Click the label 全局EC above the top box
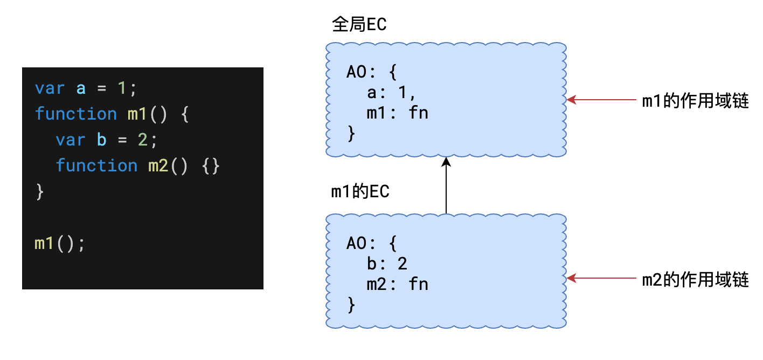point(359,25)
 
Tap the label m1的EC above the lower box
point(360,192)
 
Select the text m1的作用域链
point(695,101)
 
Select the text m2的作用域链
point(695,280)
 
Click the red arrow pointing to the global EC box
point(601,100)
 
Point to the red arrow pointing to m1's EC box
point(601,279)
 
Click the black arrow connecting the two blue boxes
point(446,186)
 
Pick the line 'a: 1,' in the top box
point(391,93)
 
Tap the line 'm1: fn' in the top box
point(397,113)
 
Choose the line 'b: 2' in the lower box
point(386,263)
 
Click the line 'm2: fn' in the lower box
point(397,283)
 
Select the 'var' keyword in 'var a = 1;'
point(50,88)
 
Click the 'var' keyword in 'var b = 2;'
point(71,140)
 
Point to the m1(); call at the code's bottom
point(60,243)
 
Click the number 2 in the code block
point(143,140)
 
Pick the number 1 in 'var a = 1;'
point(122,88)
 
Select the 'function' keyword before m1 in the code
point(75,114)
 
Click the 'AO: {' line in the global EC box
point(371,72)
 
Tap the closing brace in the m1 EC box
point(351,304)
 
